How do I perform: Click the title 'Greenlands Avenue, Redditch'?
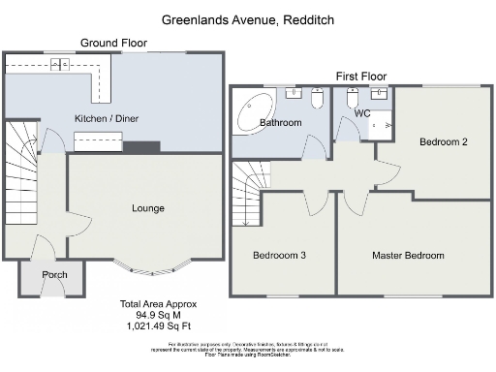(247, 18)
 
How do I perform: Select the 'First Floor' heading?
(361, 76)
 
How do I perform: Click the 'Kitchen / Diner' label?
(106, 119)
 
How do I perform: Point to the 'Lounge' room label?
(148, 208)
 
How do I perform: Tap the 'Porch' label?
(54, 276)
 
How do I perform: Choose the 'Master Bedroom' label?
(408, 256)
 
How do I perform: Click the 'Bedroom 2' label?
(443, 142)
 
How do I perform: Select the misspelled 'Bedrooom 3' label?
(280, 256)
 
